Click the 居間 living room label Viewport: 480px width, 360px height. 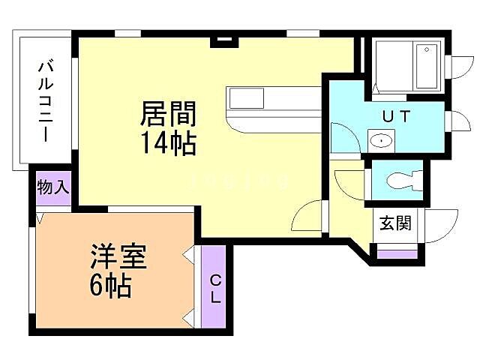169,114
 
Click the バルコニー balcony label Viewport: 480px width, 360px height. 44,102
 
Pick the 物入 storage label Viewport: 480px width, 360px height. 53,187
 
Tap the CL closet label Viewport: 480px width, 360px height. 215,289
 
